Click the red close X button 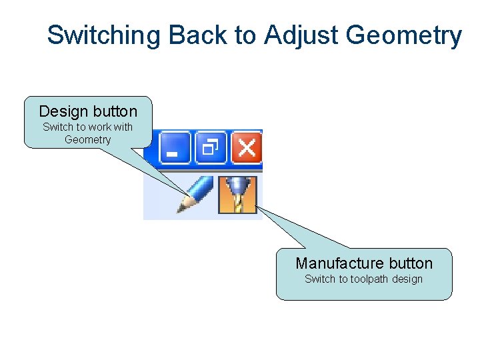pos(246,147)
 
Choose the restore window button pos(211,147)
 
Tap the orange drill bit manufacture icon pos(238,195)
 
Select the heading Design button pos(88,111)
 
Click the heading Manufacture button pos(364,263)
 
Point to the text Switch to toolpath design pos(364,279)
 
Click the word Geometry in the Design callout pos(87,140)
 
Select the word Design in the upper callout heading pos(63,111)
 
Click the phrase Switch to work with pos(87,127)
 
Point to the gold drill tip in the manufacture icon pos(238,204)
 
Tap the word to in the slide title pos(245,35)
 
